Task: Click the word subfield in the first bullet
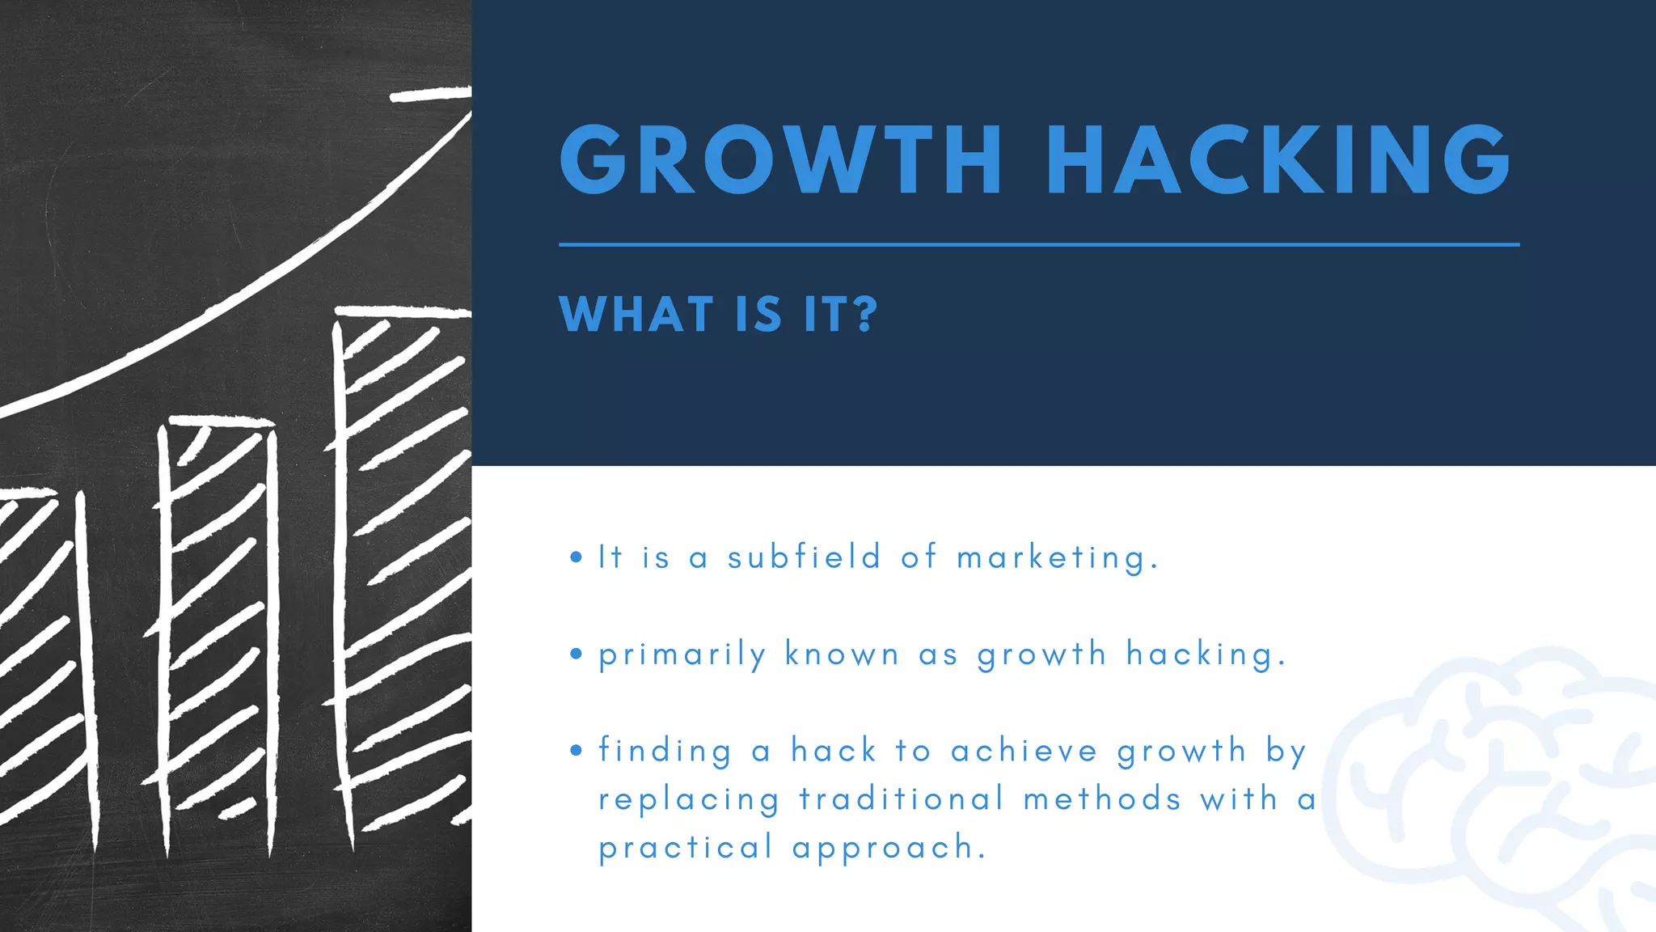click(804, 557)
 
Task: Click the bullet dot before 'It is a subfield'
click(576, 557)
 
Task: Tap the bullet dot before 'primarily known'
click(576, 654)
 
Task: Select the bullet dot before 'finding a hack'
click(576, 750)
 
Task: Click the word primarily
click(682, 655)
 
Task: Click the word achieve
click(1024, 751)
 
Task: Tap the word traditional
click(902, 799)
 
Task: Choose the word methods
click(1102, 799)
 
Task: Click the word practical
click(686, 849)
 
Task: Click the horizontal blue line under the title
click(1039, 244)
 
